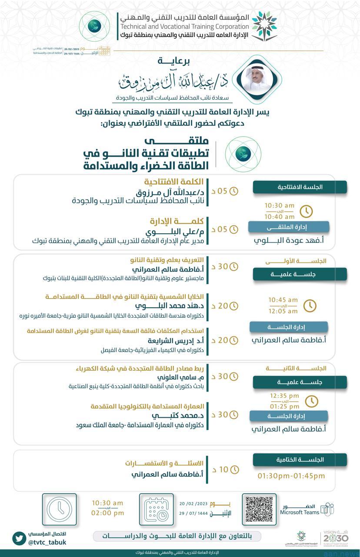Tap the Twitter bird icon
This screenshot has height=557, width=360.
click(x=19, y=538)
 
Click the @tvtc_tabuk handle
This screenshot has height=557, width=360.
click(x=47, y=542)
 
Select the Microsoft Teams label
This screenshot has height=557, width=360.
click(x=299, y=512)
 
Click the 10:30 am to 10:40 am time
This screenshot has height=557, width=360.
click(x=280, y=211)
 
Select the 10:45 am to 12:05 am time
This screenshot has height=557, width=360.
click(x=283, y=305)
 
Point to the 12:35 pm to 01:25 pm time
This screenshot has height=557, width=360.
click(x=284, y=401)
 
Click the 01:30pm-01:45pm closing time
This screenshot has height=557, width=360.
click(x=291, y=476)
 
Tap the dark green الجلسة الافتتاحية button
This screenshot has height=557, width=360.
click(x=300, y=187)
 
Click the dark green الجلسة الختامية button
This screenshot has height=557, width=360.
click(x=300, y=460)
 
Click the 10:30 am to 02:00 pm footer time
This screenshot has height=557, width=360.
click(x=107, y=508)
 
